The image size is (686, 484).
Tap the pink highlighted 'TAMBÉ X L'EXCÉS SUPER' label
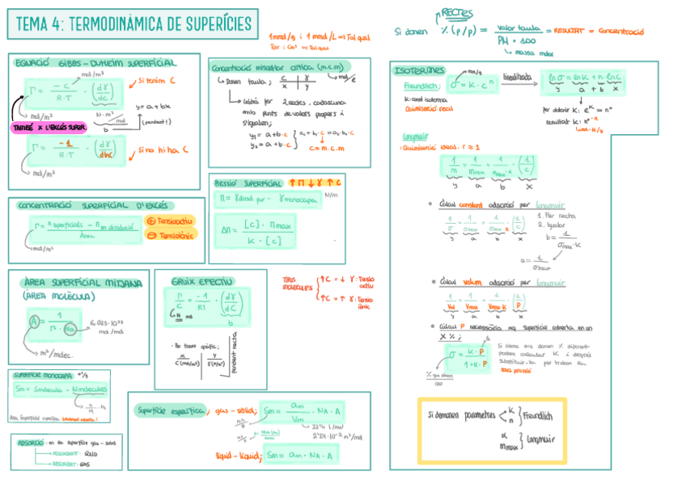(49, 128)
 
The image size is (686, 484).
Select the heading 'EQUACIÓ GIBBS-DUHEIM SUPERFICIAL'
(95, 62)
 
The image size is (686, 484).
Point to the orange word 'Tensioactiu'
(171, 221)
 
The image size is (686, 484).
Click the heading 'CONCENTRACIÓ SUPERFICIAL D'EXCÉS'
(95, 205)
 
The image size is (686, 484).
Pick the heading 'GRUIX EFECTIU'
(201, 281)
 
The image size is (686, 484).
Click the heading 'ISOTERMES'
(418, 70)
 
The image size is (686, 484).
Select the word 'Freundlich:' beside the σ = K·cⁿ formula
(421, 86)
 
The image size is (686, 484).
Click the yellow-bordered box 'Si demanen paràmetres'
(491, 427)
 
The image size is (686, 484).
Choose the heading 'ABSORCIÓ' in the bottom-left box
(32, 442)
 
